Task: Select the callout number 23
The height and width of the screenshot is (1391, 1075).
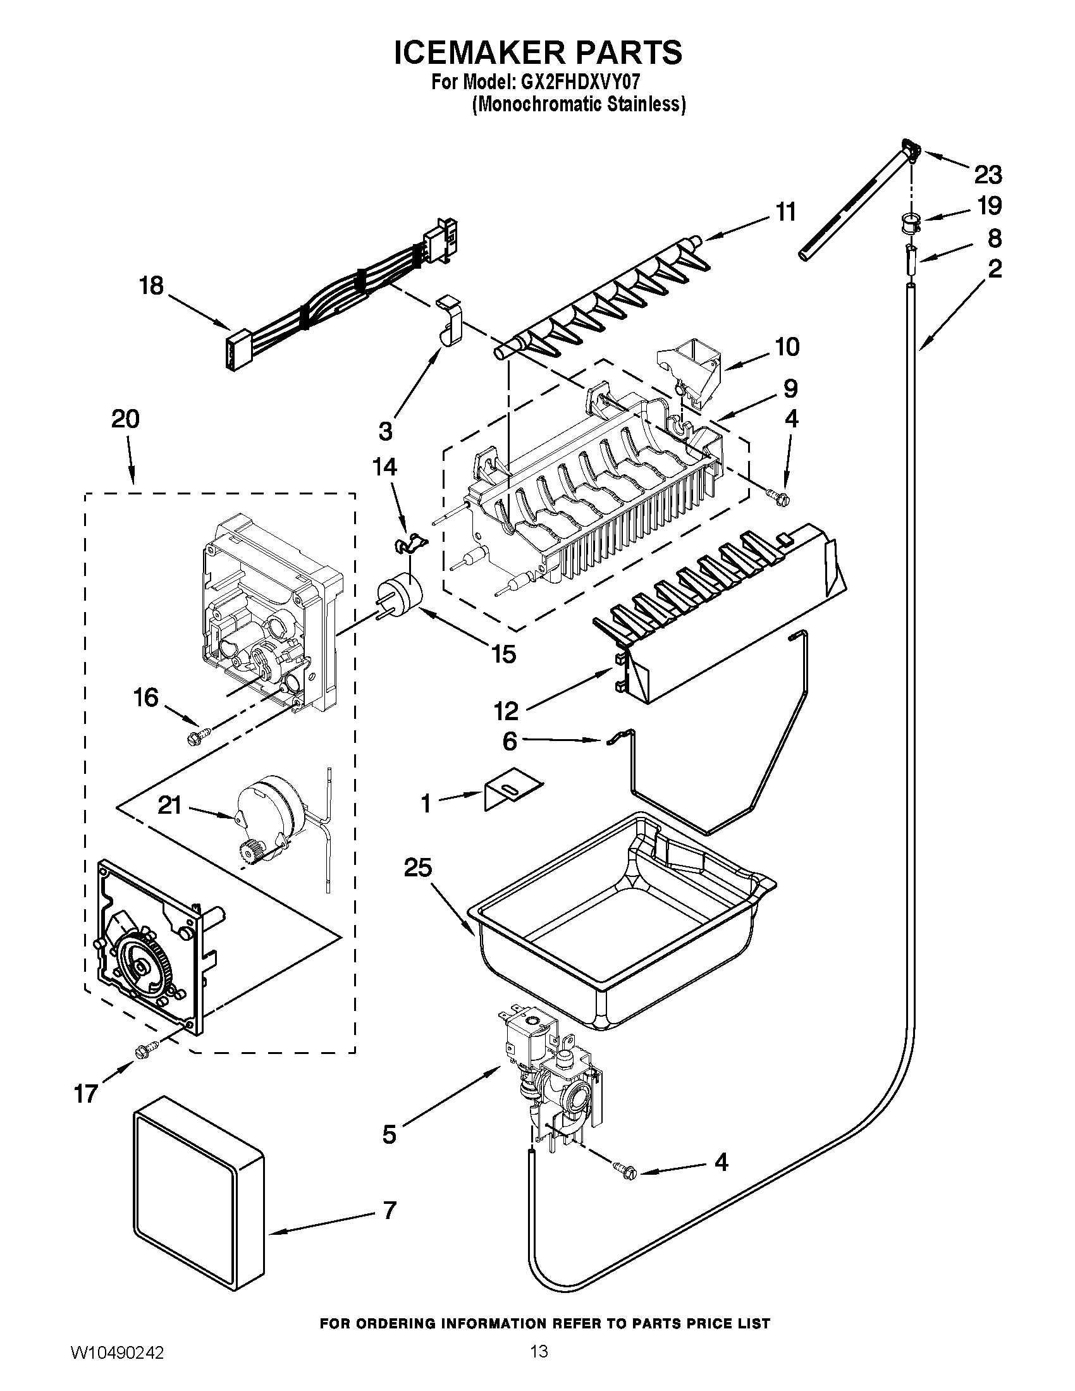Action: coord(987,174)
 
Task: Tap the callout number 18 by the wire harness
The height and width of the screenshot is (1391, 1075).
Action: coord(152,286)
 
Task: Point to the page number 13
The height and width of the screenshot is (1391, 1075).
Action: coord(539,1364)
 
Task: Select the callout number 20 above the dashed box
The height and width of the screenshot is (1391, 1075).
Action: coord(125,419)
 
